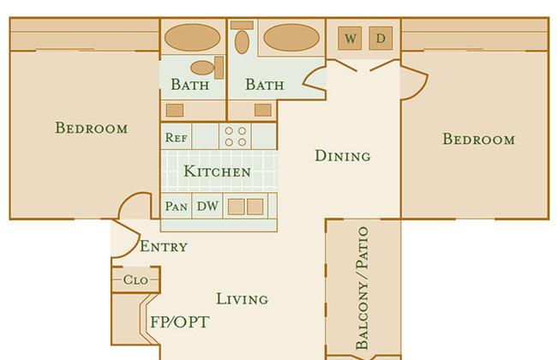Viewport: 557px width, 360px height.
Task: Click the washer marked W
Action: [350, 38]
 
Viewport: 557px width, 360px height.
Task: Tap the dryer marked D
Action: [380, 38]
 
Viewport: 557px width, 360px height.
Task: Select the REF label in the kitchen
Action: [177, 137]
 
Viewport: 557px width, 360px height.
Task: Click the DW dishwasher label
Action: [207, 206]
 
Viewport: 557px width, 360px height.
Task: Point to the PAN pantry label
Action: [177, 206]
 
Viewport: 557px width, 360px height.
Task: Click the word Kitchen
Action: [218, 171]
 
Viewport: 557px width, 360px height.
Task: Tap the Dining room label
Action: [343, 156]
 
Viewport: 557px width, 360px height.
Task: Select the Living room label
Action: [243, 299]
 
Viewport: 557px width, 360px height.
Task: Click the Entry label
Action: [164, 246]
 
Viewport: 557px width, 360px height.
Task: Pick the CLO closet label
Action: [135, 279]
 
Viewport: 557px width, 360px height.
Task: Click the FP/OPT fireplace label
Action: [180, 322]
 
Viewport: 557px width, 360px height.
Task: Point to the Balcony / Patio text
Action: [362, 288]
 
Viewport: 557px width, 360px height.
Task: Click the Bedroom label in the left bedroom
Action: [92, 128]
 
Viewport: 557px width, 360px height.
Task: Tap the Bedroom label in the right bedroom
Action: [479, 139]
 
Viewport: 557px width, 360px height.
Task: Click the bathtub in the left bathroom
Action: [193, 38]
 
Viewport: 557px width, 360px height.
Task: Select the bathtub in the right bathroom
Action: [291, 38]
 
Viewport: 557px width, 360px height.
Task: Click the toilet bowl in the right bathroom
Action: [242, 42]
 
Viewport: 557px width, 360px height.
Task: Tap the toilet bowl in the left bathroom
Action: [202, 68]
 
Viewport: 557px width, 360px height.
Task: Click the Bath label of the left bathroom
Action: [190, 85]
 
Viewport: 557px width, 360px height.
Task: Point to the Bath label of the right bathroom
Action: [265, 85]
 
